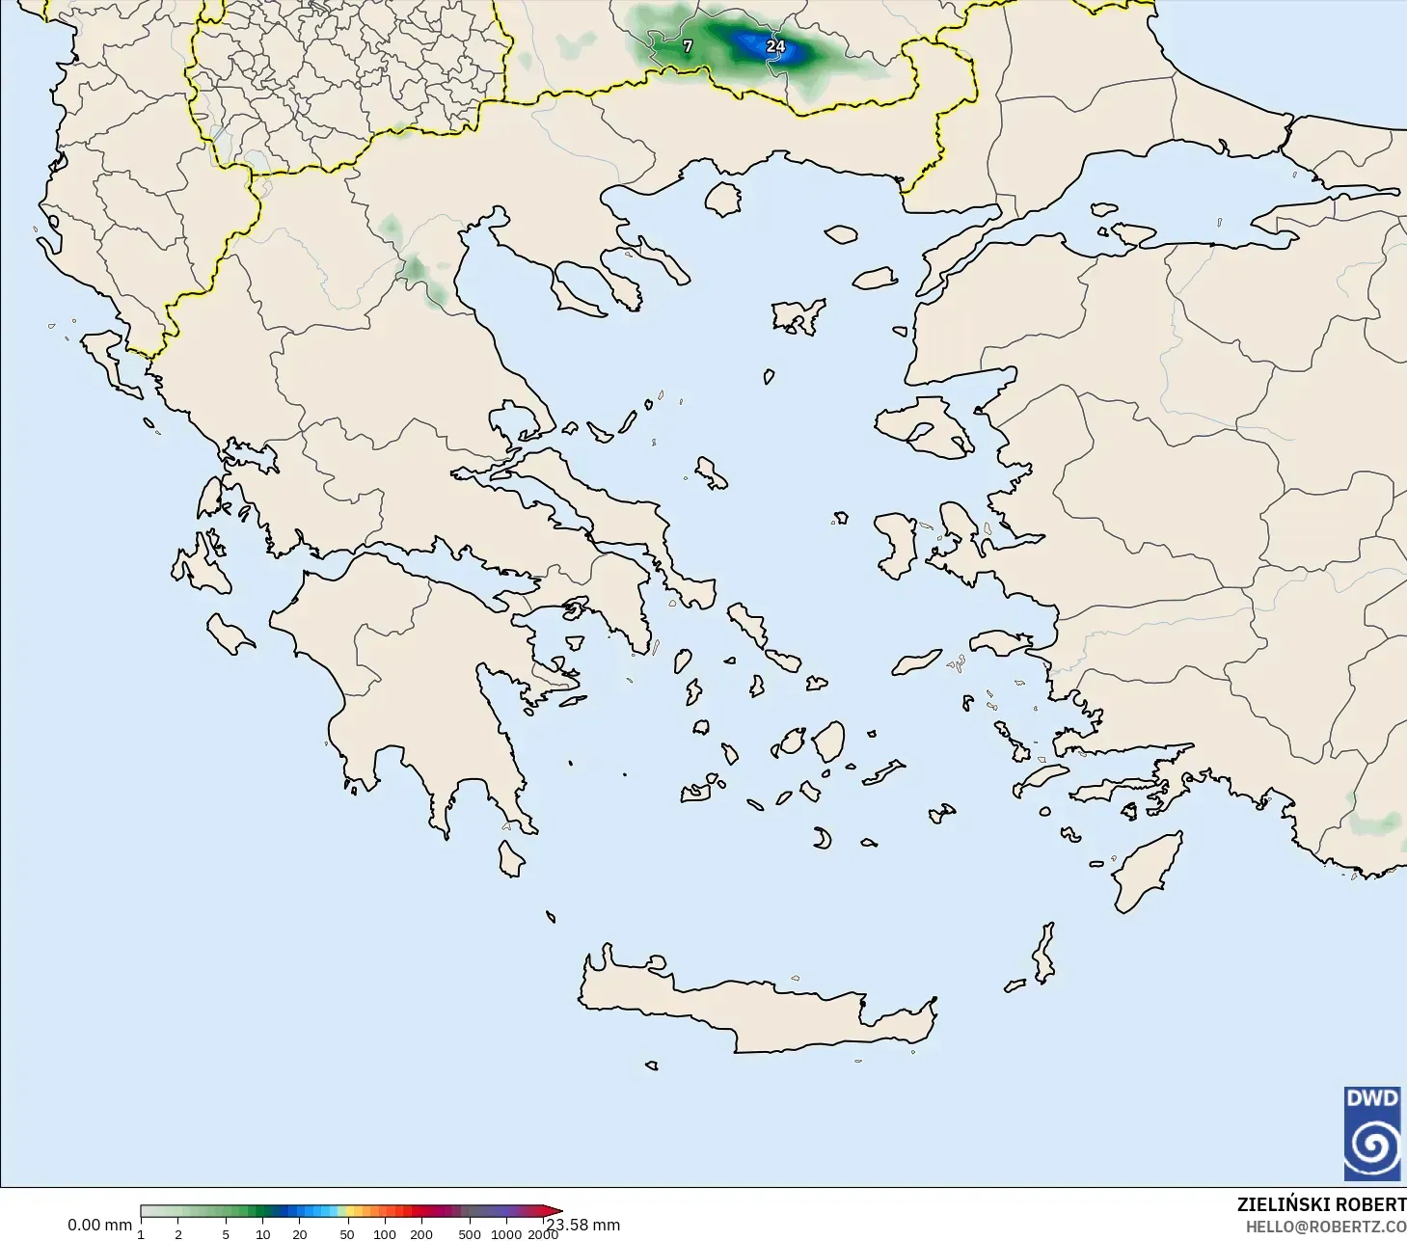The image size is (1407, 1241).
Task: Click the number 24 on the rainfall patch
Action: [x=775, y=46]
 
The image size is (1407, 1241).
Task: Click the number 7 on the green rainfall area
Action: [x=688, y=46]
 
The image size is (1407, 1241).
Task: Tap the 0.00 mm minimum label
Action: [x=99, y=1226]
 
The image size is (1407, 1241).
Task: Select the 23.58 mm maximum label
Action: [x=583, y=1226]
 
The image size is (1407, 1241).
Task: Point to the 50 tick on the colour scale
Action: [x=347, y=1234]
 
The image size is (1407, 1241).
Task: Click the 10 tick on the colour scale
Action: [x=262, y=1234]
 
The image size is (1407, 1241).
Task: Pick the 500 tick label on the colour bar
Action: [x=470, y=1234]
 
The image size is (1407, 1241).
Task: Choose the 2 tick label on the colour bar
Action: [x=178, y=1234]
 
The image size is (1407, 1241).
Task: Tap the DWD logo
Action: [x=1372, y=1133]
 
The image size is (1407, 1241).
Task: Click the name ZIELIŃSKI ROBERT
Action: [x=1321, y=1205]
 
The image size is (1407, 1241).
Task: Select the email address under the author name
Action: [x=1326, y=1228]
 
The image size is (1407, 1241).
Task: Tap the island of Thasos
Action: [x=722, y=199]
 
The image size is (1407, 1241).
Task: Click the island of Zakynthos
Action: [x=230, y=633]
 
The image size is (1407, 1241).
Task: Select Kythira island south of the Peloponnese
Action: [x=510, y=858]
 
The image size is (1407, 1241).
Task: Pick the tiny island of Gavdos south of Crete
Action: [x=652, y=1066]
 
